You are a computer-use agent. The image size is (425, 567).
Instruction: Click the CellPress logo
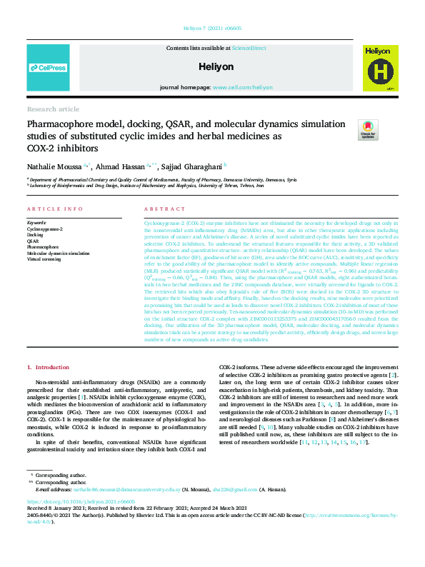pos(48,68)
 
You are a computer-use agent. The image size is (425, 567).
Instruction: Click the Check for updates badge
pos(369,129)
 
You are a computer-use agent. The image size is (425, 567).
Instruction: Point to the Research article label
pos(54,109)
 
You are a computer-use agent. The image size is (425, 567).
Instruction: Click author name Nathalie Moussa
pos(54,164)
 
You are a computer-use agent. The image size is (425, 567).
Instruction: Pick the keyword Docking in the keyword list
pos(35,234)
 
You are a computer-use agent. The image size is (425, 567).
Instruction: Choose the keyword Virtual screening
pos(45,259)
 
